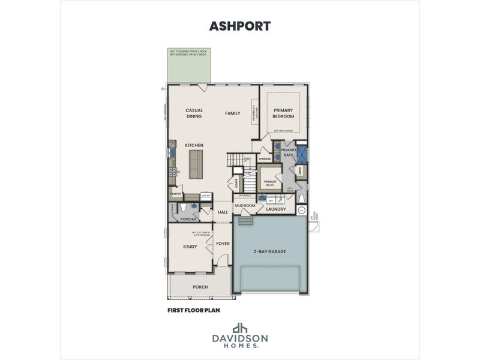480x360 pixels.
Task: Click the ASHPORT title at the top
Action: pos(240,26)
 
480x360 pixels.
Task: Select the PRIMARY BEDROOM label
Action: pos(283,113)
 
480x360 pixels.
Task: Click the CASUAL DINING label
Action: pos(194,113)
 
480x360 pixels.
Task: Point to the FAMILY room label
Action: pos(232,113)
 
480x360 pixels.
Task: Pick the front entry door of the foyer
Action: pos(222,261)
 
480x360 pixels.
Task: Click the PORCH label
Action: pos(200,287)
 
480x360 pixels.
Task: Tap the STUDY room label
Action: pos(190,246)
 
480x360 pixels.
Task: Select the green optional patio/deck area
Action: pos(189,66)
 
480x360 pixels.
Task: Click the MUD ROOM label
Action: pos(245,205)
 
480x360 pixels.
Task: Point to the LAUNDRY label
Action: pos(276,209)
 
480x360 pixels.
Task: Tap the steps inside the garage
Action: pos(245,222)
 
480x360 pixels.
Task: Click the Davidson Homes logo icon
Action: pos(240,328)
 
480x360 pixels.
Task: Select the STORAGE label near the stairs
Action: pos(265,158)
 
